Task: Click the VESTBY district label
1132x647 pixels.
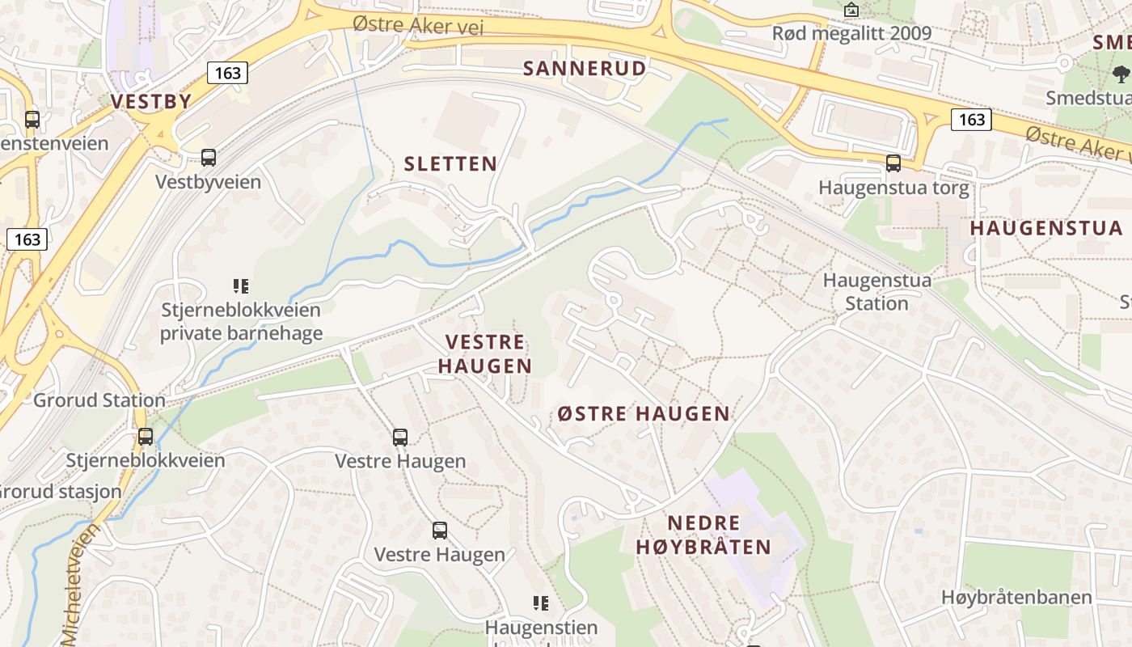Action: point(151,101)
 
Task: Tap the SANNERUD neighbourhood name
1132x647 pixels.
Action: point(585,68)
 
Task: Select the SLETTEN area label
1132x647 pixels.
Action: point(450,163)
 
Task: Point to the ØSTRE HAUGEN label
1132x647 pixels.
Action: point(644,414)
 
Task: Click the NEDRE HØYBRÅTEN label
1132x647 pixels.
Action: point(703,535)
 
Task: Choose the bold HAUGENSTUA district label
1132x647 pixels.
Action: point(1046,228)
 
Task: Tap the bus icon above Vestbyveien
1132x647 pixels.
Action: point(209,158)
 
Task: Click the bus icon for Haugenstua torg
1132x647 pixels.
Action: point(893,163)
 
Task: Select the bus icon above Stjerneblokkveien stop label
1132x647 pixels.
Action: point(146,437)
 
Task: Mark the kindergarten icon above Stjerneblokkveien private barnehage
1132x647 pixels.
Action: point(240,285)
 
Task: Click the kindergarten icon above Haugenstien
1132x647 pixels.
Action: point(541,603)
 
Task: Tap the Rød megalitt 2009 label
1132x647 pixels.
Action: point(851,33)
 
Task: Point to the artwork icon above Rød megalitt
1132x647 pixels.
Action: point(851,10)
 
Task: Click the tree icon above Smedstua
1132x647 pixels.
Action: point(1121,74)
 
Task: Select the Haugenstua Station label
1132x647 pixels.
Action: point(876,292)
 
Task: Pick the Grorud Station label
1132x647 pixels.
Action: point(99,400)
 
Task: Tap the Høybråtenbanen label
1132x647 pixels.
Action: point(1016,598)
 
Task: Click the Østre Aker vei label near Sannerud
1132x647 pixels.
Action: point(418,25)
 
